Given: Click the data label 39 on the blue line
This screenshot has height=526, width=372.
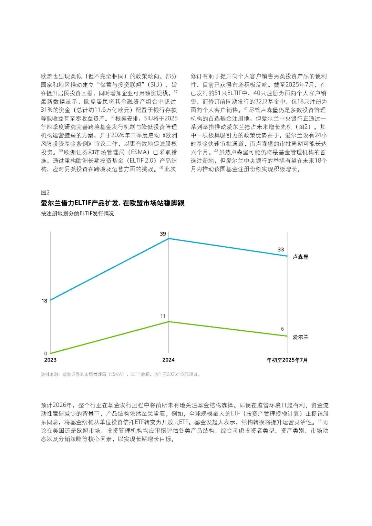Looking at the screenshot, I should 163,234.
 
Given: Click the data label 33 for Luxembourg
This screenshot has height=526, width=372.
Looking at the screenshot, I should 281,249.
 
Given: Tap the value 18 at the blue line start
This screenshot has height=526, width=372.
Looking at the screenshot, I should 44,301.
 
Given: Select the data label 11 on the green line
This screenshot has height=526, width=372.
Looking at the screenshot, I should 163,316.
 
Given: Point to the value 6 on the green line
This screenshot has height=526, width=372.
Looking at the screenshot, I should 282,329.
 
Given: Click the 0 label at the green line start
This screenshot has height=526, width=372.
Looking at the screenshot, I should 46,353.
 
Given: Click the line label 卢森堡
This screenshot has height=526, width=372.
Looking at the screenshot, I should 300,257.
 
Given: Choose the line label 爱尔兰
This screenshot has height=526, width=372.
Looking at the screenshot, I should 300,337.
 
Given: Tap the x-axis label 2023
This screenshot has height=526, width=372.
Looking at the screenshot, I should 50,360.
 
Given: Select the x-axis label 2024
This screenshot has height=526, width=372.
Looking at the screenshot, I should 168,360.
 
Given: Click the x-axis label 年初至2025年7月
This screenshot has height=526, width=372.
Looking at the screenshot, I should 287,360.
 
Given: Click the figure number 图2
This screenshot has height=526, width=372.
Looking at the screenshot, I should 45,192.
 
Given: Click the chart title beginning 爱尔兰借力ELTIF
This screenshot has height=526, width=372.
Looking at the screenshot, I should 113,203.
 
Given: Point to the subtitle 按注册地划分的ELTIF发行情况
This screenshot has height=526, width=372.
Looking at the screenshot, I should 77,214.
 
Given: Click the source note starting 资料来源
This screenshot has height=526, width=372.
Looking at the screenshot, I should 121,374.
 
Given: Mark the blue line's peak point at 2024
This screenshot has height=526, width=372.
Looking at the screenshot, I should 168,238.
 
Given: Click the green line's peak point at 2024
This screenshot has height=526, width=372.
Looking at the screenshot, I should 168,322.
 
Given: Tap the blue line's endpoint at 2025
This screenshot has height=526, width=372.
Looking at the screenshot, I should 287,256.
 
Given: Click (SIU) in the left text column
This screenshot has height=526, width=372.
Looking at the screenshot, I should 155,85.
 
